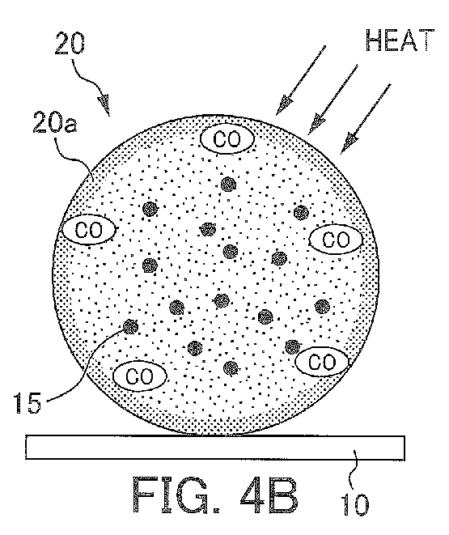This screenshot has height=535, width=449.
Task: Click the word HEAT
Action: click(400, 40)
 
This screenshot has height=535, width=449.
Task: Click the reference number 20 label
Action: click(70, 44)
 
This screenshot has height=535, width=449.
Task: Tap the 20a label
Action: click(55, 122)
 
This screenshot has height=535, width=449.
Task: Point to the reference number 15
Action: click(28, 403)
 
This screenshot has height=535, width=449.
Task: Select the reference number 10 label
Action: click(355, 504)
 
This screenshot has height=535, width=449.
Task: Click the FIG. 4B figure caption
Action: click(214, 495)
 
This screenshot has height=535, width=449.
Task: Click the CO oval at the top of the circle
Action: click(227, 138)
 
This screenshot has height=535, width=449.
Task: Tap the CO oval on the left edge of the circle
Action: click(88, 230)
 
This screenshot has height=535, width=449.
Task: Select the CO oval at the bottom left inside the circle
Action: click(140, 376)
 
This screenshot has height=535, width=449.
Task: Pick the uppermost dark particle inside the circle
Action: click(228, 185)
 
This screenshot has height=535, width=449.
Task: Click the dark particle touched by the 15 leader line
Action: click(130, 327)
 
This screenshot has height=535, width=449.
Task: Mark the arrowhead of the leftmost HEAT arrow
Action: click(284, 105)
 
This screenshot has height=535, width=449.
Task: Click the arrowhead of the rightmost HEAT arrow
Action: click(349, 143)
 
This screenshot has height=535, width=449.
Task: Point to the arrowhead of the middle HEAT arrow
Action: click(316, 125)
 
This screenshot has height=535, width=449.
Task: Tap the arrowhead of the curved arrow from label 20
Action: click(104, 104)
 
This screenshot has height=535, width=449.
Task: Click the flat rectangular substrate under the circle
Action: click(215, 448)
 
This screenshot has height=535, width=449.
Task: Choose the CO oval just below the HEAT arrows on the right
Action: click(336, 240)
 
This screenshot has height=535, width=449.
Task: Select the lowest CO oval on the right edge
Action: click(322, 363)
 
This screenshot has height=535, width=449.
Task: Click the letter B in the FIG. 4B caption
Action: click(282, 495)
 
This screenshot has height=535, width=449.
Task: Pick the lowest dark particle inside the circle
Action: click(231, 368)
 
